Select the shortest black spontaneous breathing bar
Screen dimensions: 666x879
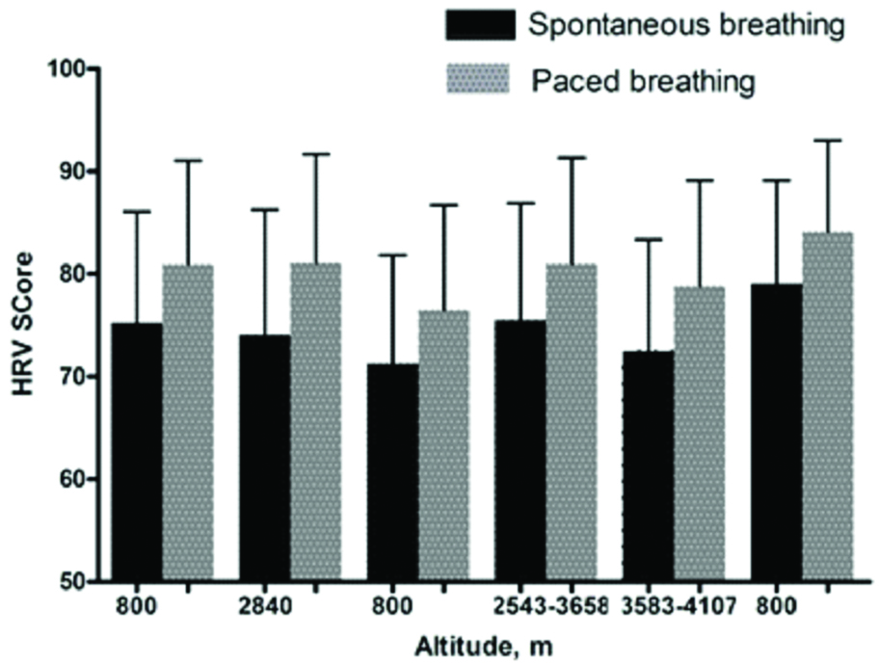392,472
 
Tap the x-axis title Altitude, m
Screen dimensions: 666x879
479,646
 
